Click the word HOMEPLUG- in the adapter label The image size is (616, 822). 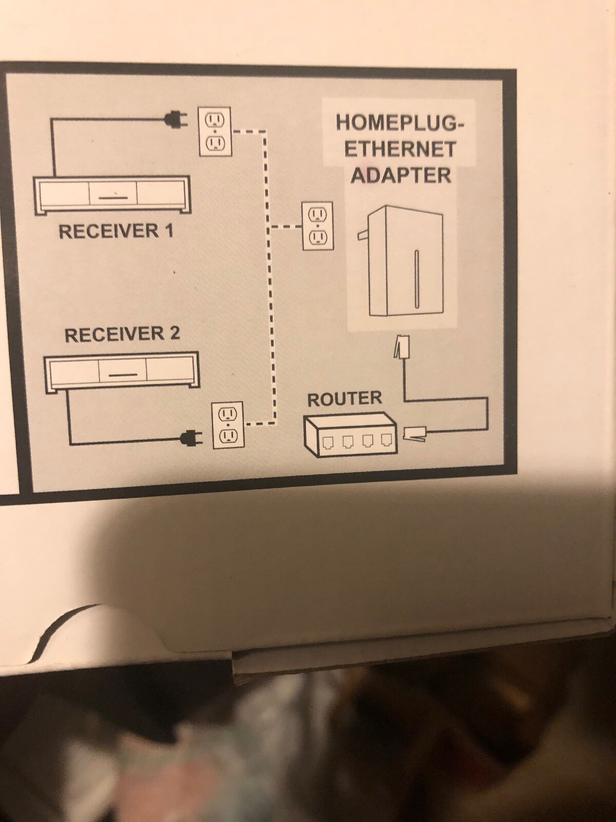400,123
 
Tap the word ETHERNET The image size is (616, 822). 400,149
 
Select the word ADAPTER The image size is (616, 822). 400,175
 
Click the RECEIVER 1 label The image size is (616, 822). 116,231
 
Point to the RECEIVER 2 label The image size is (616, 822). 122,334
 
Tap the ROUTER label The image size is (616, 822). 344,399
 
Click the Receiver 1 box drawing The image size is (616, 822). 112,195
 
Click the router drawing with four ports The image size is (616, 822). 351,435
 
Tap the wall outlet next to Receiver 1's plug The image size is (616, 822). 215,132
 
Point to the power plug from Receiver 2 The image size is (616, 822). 191,438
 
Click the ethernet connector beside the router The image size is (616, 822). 414,433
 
